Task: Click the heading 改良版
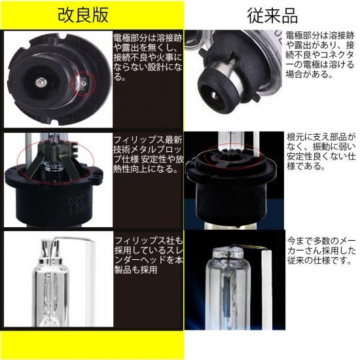[83, 15]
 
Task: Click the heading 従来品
[272, 16]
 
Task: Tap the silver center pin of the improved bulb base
[41, 82]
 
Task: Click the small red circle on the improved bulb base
[83, 84]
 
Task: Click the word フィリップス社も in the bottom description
[149, 241]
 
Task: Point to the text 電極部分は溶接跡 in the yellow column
[148, 38]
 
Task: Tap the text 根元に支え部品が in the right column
[321, 137]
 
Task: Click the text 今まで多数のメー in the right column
[321, 241]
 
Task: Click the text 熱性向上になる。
[145, 170]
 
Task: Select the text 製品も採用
[135, 270]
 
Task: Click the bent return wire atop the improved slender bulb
[73, 241]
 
